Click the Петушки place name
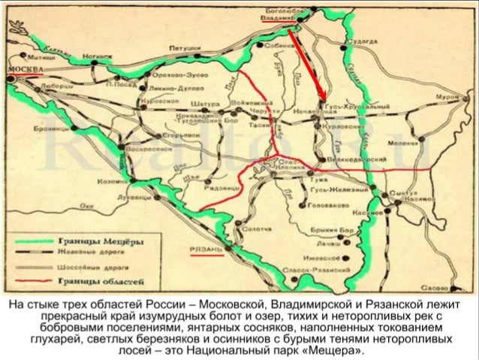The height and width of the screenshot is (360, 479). click(x=183, y=47)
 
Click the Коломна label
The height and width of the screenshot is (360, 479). click(x=112, y=182)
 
